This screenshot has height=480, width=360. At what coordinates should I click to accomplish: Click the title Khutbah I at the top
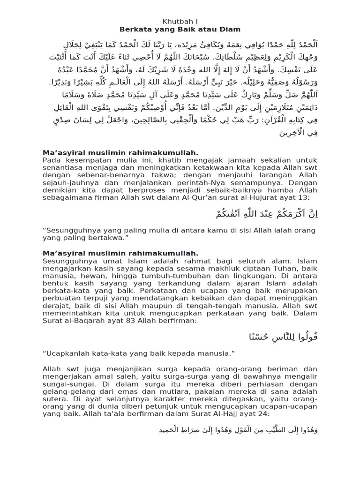[180, 21]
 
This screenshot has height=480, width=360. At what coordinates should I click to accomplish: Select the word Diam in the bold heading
[230, 29]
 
